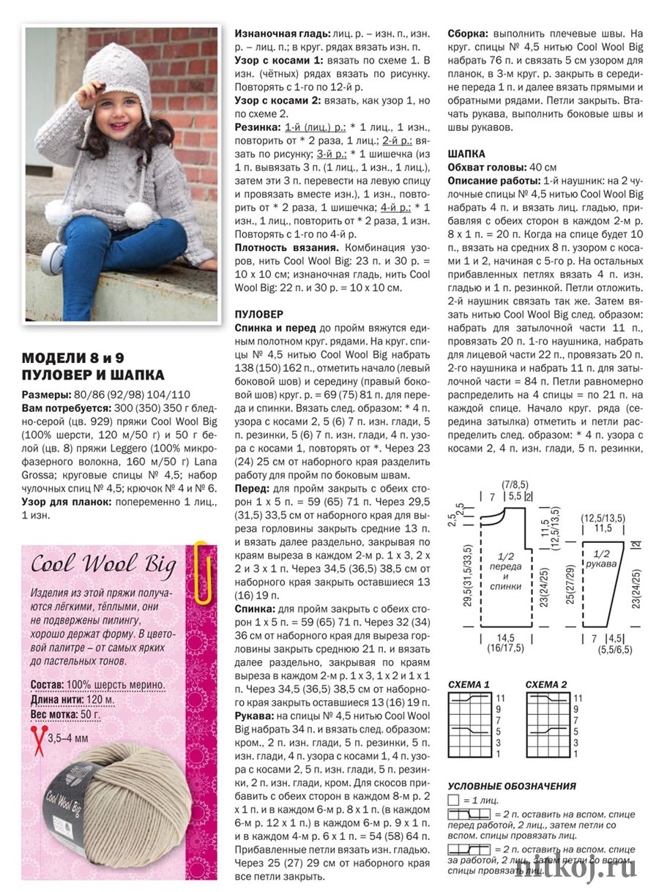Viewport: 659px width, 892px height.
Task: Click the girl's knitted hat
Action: point(117,70)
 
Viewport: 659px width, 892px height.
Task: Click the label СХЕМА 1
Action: point(469,684)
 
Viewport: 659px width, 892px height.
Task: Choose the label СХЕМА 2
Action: point(546,684)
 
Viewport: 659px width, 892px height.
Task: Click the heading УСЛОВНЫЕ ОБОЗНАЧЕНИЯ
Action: point(512,786)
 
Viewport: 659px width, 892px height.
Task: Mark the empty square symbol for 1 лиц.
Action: point(453,800)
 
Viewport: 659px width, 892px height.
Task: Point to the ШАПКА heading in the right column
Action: point(466,154)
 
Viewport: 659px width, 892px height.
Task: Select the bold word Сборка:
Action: point(469,34)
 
